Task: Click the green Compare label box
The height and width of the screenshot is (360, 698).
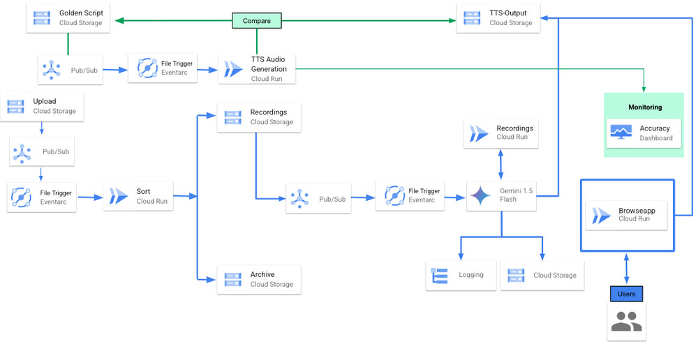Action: coord(257,21)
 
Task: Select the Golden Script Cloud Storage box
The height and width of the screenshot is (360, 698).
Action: coord(67,18)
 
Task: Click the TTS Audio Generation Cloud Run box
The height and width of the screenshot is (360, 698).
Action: coord(256,69)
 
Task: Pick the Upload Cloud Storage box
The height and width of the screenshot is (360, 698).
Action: coord(42,106)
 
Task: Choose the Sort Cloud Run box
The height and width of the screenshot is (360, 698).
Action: coord(138,196)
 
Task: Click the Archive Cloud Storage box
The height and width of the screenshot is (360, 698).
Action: coord(259,279)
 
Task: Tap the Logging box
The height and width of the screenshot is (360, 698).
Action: coord(461,275)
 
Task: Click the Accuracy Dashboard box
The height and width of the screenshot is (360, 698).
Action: coord(644,133)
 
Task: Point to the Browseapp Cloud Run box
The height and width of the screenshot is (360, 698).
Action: coord(627,215)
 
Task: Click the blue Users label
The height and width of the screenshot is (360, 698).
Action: coord(626,294)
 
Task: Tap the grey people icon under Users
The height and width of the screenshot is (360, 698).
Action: coord(626,322)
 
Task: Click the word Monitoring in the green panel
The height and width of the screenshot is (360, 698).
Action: coord(644,107)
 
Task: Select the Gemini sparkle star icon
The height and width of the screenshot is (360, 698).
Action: coord(480,195)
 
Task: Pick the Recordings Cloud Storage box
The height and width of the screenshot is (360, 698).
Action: coord(259,117)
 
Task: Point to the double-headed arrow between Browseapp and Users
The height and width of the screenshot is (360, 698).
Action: coord(626,268)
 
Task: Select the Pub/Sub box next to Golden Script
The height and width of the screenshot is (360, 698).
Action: coord(70,70)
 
